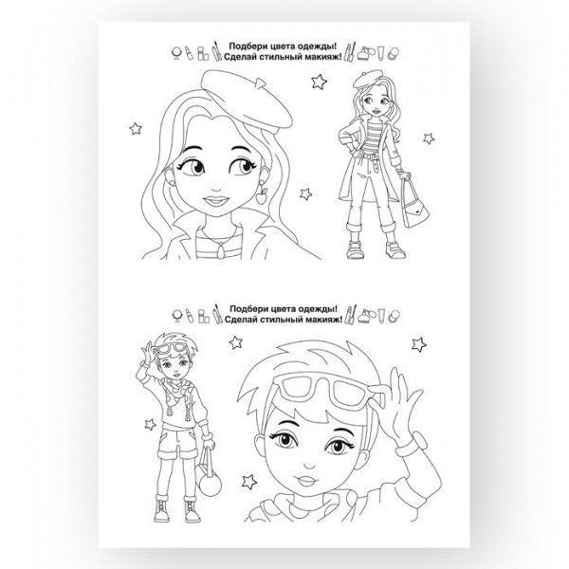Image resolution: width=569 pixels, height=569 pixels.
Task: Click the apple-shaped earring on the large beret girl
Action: click(x=262, y=196)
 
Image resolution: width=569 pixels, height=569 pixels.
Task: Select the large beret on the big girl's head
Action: click(x=246, y=99)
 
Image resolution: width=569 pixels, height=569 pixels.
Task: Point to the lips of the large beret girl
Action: click(x=216, y=200)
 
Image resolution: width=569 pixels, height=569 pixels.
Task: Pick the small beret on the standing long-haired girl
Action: click(x=367, y=79)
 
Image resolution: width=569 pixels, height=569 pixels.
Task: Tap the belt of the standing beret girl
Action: click(x=370, y=156)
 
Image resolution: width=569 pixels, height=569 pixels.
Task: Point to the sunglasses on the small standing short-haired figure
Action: click(x=170, y=349)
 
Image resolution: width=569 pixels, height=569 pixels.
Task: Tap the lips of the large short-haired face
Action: click(x=306, y=481)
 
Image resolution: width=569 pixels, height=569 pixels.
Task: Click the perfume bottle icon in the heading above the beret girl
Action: click(x=364, y=54)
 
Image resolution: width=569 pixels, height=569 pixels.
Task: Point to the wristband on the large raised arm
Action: click(x=411, y=445)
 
